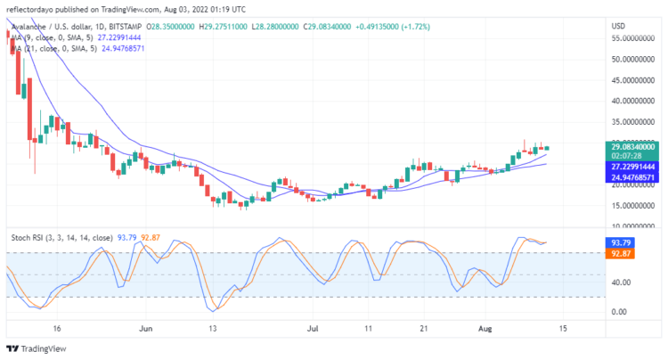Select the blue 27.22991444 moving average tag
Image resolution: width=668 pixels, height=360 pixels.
tap(633, 167)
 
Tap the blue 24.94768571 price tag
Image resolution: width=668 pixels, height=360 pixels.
tap(633, 177)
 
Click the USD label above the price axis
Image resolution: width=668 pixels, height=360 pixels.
tap(618, 26)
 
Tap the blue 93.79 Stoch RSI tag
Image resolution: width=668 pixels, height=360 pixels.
tap(620, 242)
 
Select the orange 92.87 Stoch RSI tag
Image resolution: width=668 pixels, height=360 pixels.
tap(620, 253)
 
